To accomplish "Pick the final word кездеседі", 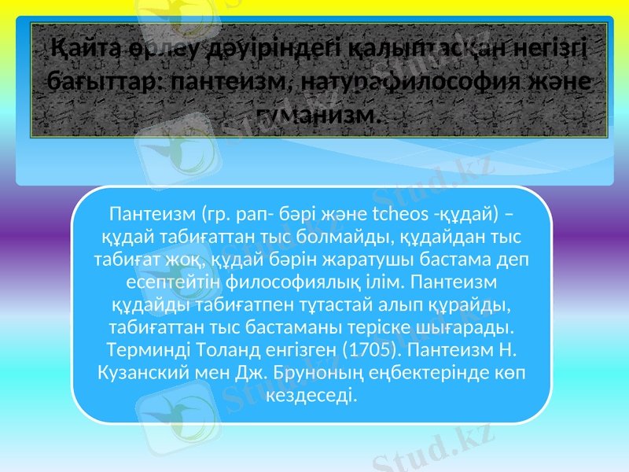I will pyautogui.click(x=311, y=392).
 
